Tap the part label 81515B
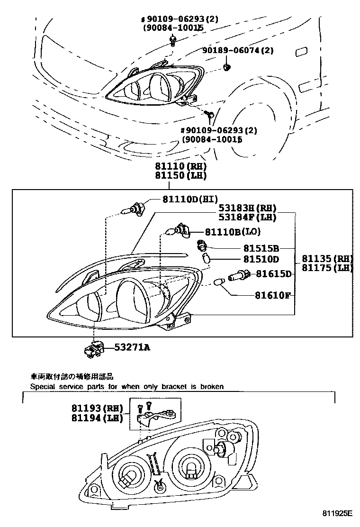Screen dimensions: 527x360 [x=261, y=248]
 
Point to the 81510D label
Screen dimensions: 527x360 [x=261, y=259]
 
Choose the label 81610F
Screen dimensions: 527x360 [x=272, y=295]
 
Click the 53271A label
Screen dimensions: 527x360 [x=132, y=347]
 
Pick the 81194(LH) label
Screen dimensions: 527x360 [x=97, y=418]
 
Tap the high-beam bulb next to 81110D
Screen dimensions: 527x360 [x=134, y=207]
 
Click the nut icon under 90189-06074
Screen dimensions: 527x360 [x=227, y=67]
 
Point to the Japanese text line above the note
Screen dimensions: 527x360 [x=72, y=377]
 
